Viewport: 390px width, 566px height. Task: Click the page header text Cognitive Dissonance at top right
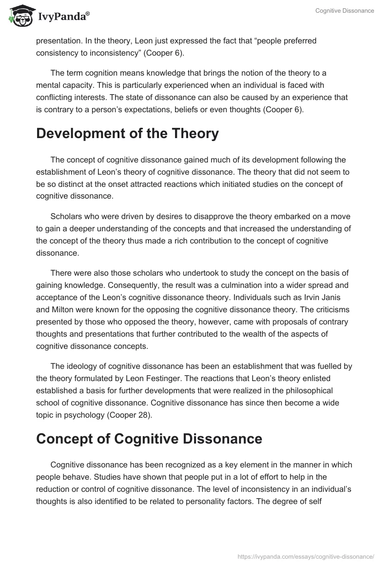[x=344, y=11]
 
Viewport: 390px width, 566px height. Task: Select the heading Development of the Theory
[x=127, y=134]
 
